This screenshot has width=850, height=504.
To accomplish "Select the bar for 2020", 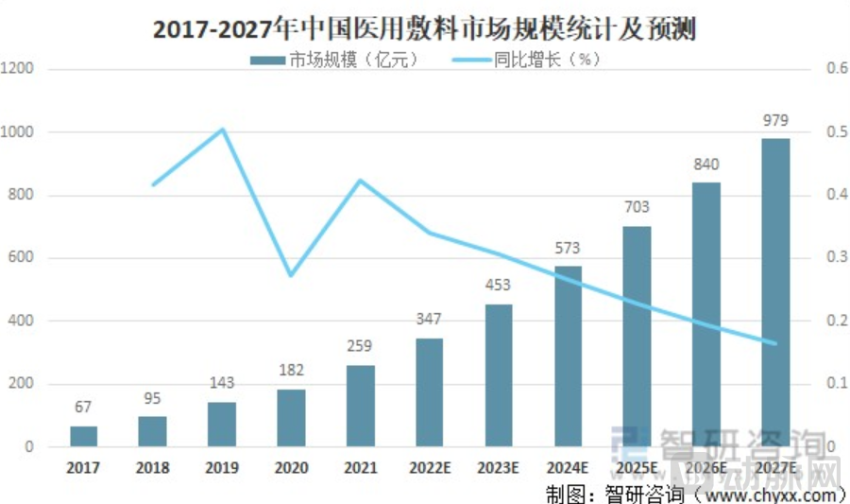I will click(291, 418).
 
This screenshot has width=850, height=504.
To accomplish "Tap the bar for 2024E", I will click(568, 356).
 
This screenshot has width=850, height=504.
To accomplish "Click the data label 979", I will click(775, 121).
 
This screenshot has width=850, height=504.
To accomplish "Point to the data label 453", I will click(499, 286).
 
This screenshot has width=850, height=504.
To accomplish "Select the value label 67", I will click(83, 407).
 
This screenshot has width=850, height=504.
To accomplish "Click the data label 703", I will click(637, 207).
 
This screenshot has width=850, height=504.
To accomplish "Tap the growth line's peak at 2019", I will click(222, 130).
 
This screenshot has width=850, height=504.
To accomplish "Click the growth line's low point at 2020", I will click(291, 275).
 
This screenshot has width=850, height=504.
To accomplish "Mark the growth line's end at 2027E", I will click(775, 343).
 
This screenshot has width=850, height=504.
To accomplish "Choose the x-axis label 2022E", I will click(430, 468).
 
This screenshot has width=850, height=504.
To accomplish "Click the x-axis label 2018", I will click(152, 468).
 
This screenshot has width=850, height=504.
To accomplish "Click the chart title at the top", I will click(424, 29).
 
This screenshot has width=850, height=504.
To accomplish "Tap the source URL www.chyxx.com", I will click(770, 494).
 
